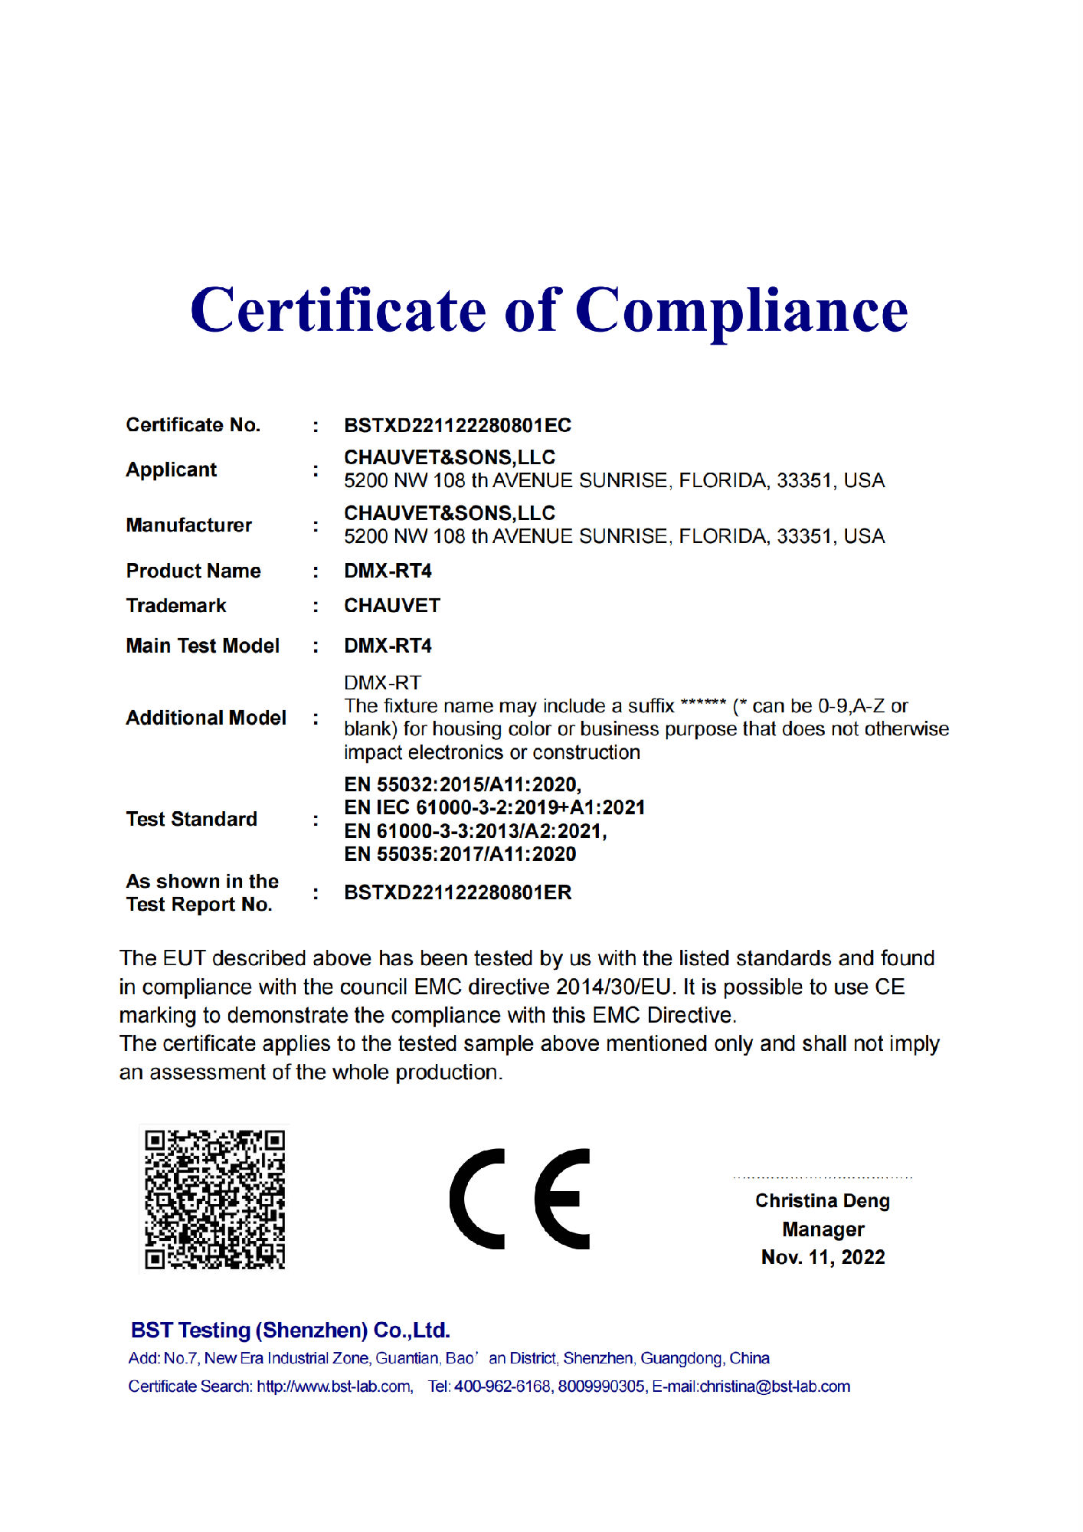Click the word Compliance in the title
click(741, 312)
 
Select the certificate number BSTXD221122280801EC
click(457, 425)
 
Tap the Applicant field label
click(171, 470)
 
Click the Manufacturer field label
click(188, 525)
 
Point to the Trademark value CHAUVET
click(391, 606)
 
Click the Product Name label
click(193, 571)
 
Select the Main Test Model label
click(202, 647)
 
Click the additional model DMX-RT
click(382, 683)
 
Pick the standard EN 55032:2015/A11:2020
click(463, 784)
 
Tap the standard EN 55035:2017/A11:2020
click(460, 854)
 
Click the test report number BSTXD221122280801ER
click(457, 893)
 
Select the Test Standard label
click(191, 820)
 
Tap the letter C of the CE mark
click(478, 1199)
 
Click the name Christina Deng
click(822, 1201)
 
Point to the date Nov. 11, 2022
click(823, 1258)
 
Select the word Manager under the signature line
click(823, 1229)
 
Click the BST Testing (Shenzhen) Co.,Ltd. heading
click(290, 1331)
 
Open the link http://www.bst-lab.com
click(334, 1387)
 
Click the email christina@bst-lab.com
click(775, 1387)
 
